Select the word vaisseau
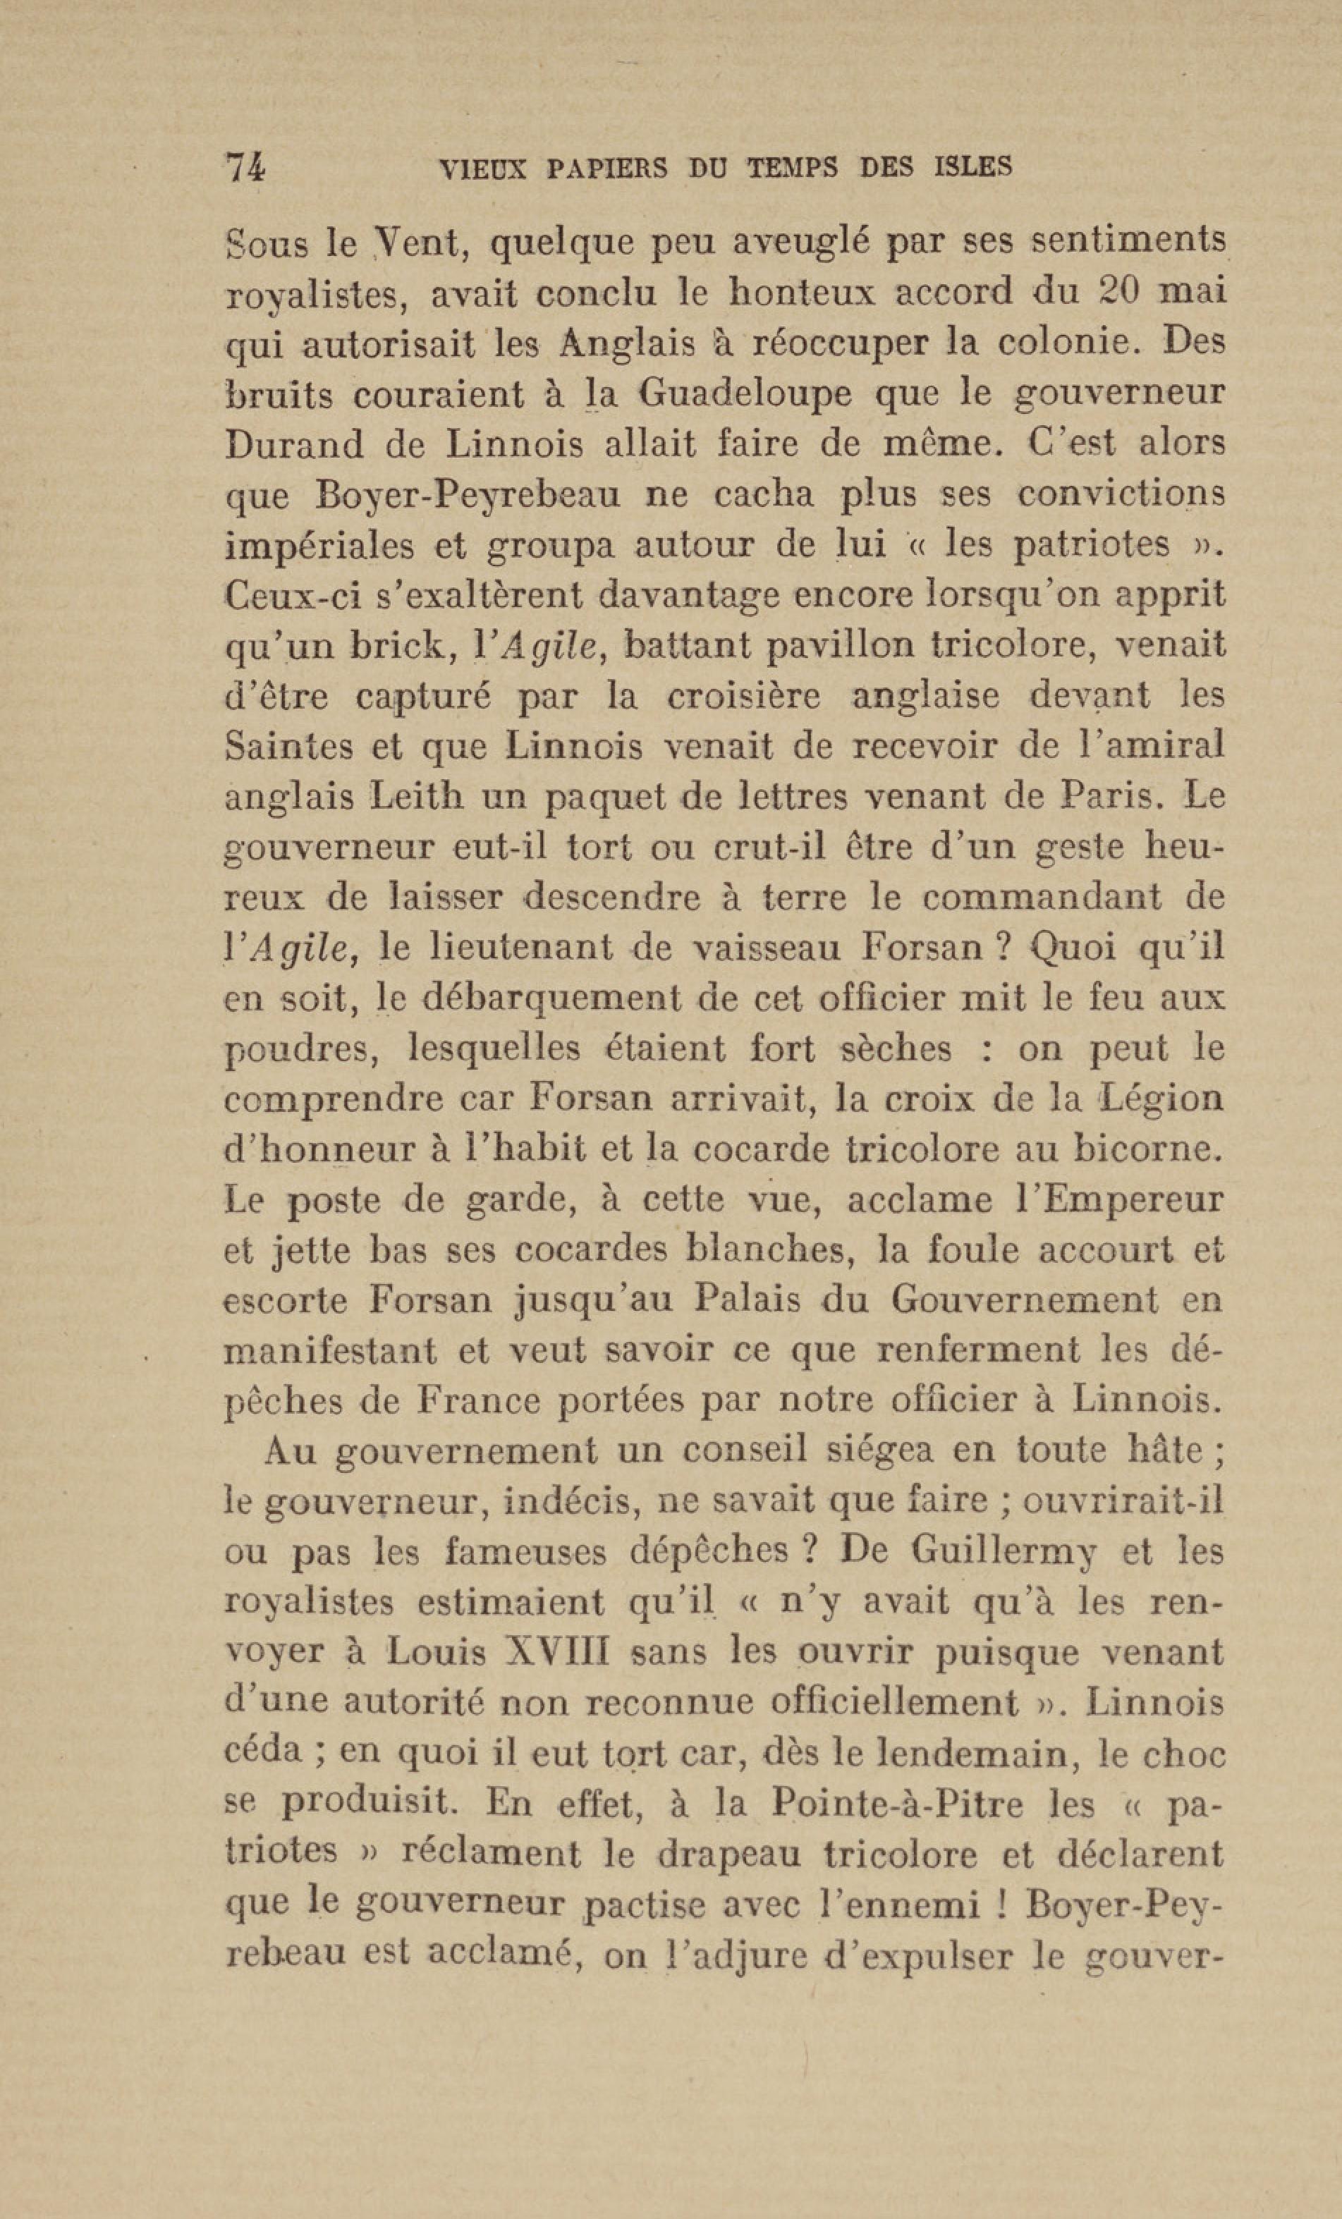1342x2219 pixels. pos(764,948)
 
